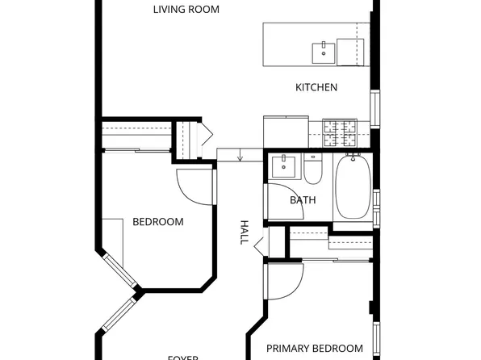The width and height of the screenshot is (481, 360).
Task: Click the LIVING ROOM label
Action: coord(186,10)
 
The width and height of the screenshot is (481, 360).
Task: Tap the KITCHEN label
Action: coord(316,87)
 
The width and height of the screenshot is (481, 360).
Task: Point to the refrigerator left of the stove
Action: coord(285,131)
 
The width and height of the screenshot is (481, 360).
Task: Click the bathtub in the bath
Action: coord(352,186)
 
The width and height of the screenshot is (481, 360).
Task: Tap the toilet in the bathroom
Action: coord(313,169)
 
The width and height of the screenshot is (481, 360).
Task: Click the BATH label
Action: coord(303,200)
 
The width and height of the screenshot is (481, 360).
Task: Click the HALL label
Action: coord(244,232)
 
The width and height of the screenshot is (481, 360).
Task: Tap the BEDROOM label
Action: coord(158,222)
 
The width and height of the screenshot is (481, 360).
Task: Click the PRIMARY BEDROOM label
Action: coord(315,349)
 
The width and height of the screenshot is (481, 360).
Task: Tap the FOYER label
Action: coord(183,356)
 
